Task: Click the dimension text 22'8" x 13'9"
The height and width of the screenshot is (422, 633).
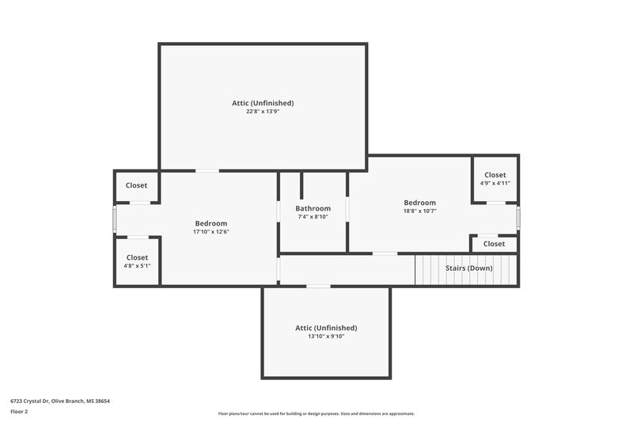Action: tap(263, 112)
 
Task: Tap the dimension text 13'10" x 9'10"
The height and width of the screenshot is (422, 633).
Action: tap(326, 336)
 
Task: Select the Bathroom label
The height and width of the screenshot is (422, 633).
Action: tap(313, 208)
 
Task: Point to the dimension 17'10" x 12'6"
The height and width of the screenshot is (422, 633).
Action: tap(211, 232)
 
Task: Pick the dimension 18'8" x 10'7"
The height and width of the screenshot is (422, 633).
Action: tap(419, 211)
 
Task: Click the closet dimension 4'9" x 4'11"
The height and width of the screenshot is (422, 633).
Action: tap(495, 183)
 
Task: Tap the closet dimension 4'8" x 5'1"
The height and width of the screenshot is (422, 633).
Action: tap(137, 266)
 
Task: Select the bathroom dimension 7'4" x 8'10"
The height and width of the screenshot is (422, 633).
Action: tap(313, 217)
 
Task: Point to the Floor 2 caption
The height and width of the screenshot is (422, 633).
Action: tap(19, 412)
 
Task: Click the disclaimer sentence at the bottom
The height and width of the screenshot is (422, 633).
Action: tap(316, 413)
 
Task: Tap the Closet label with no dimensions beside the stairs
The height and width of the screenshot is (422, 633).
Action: tap(494, 244)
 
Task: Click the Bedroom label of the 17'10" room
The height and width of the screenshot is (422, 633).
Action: tap(211, 223)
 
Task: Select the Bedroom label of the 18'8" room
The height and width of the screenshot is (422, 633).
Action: tap(419, 202)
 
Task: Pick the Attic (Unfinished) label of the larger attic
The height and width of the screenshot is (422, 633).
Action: tap(263, 103)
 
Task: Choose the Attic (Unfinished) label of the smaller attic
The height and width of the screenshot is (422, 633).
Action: tap(326, 327)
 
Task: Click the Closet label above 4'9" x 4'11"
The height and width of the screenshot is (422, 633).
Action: tap(495, 174)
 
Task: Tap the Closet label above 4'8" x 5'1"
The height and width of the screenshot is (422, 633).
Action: tap(137, 257)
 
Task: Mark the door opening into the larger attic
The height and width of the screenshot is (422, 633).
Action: tap(207, 170)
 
